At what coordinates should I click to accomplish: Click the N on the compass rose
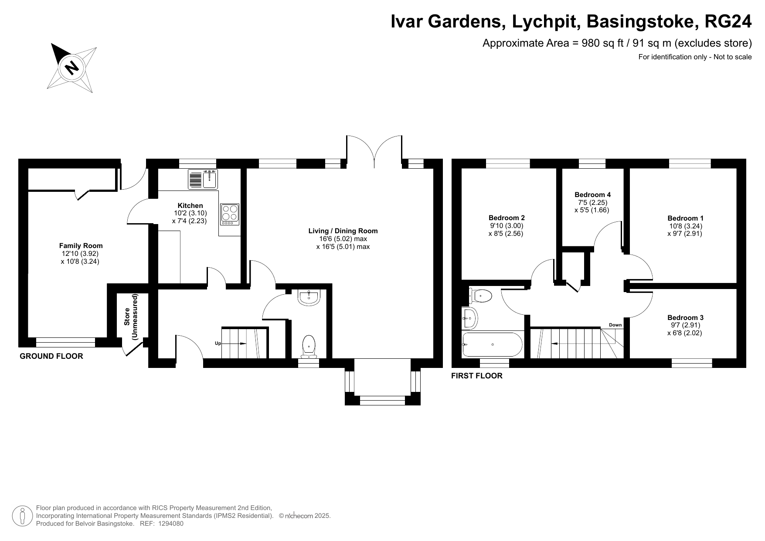pyautogui.click(x=71, y=68)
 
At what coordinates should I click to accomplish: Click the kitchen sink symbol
pyautogui.click(x=204, y=179)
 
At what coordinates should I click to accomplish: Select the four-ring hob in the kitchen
pyautogui.click(x=230, y=214)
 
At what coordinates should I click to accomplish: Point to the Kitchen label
pyautogui.click(x=190, y=206)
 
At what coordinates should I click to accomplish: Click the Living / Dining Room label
pyautogui.click(x=343, y=231)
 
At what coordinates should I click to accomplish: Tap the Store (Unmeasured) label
pyautogui.click(x=130, y=317)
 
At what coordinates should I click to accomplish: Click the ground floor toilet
pyautogui.click(x=309, y=346)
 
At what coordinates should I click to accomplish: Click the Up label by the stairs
pyautogui.click(x=218, y=344)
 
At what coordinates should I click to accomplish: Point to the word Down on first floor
pyautogui.click(x=615, y=325)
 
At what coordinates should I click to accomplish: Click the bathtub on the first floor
pyautogui.click(x=492, y=345)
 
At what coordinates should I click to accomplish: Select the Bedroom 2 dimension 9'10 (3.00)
pyautogui.click(x=506, y=226)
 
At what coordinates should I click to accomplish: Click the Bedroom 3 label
pyautogui.click(x=685, y=318)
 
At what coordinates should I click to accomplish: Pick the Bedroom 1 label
pyautogui.click(x=685, y=218)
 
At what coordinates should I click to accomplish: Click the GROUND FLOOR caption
pyautogui.click(x=51, y=356)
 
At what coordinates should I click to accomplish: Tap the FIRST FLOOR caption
pyautogui.click(x=476, y=376)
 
